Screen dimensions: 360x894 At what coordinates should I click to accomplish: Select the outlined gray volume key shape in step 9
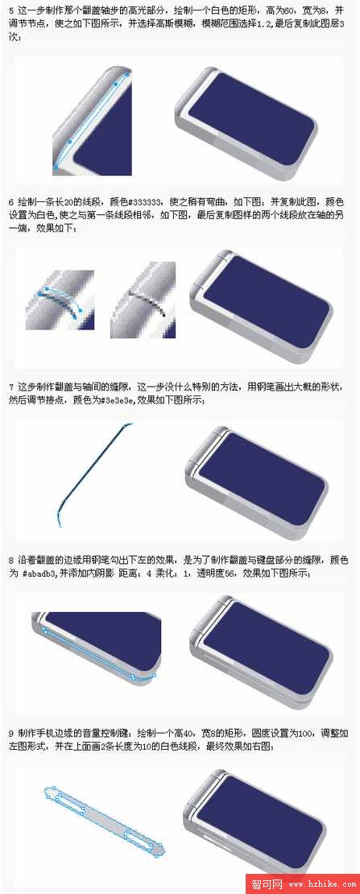(x=103, y=822)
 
